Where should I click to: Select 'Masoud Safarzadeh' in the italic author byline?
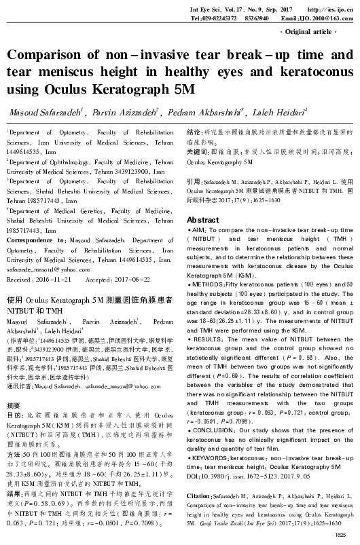(40, 112)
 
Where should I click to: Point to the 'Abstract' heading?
(203, 202)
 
